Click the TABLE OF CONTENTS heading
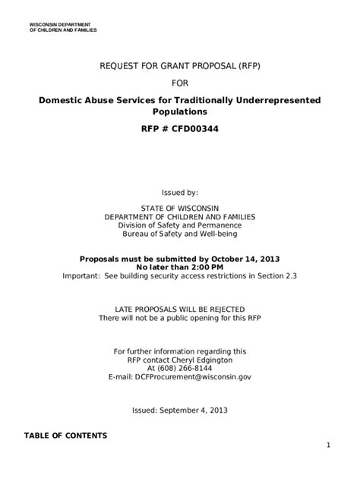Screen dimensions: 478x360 point(65,436)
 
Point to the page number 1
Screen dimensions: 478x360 point(328,445)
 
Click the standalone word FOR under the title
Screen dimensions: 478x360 point(180,83)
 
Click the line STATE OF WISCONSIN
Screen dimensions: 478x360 point(180,207)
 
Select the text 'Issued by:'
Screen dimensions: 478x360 point(180,193)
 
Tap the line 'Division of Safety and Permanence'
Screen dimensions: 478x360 point(180,225)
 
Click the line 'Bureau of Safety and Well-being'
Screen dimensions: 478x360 point(180,234)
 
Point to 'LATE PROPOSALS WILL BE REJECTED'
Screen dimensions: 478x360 point(180,309)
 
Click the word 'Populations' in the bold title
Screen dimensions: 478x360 point(180,112)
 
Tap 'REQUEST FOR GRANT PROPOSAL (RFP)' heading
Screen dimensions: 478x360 point(180,66)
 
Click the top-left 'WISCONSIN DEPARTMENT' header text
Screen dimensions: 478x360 point(60,25)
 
